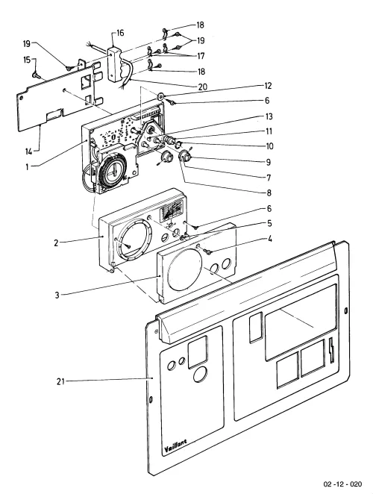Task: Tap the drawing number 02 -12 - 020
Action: [x=342, y=484]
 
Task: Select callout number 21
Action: [x=60, y=381]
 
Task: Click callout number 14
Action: [x=29, y=151]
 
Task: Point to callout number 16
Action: [x=120, y=33]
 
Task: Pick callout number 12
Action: [x=268, y=86]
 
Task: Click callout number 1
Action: [x=27, y=167]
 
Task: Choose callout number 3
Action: [x=57, y=296]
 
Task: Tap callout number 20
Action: [x=203, y=87]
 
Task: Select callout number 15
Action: [x=27, y=60]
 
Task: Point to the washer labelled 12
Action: [x=160, y=96]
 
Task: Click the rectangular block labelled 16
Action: [x=114, y=65]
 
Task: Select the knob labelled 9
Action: [x=184, y=155]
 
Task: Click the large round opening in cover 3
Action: [x=185, y=269]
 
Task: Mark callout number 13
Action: [x=269, y=116]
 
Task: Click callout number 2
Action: [x=56, y=243]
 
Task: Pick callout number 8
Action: [x=269, y=193]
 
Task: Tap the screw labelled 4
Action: [x=207, y=251]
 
